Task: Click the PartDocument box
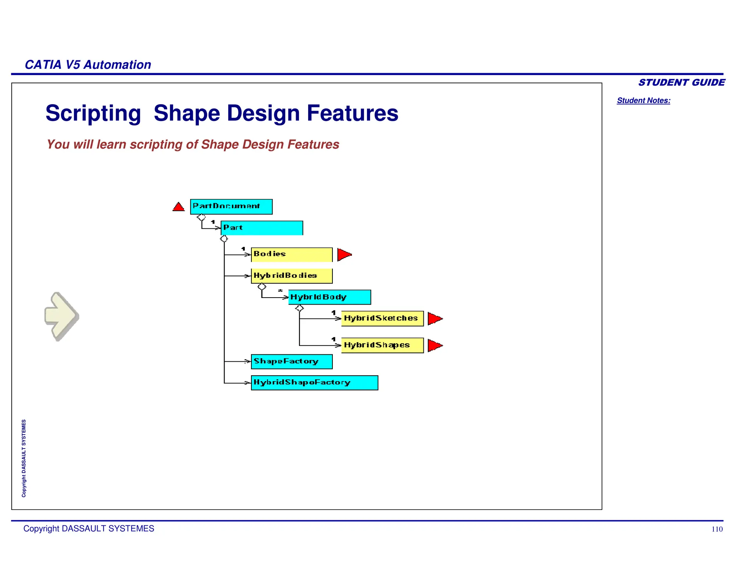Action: tap(231, 206)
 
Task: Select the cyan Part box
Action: tap(262, 228)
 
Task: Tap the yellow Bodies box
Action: tap(292, 255)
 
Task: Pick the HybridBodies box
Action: tap(292, 276)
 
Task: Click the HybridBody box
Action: tap(330, 297)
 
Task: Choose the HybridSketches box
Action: tap(382, 319)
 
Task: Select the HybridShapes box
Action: tap(382, 345)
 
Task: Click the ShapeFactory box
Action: tap(292, 362)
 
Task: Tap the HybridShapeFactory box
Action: tap(314, 383)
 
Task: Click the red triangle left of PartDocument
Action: tap(179, 207)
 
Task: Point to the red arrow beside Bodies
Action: tap(344, 255)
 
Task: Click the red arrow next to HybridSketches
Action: tap(434, 319)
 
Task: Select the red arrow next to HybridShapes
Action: tap(434, 345)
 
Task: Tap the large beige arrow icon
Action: tap(61, 316)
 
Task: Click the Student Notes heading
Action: tap(644, 100)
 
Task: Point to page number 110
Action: tap(717, 529)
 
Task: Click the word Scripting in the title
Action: tap(93, 113)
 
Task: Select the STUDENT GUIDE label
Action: tap(681, 82)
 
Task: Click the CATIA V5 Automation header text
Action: tap(88, 65)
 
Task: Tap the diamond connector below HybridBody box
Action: tap(299, 308)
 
